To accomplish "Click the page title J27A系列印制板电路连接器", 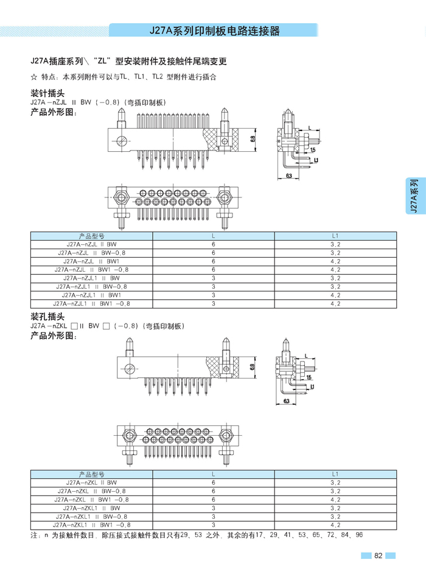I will click(214, 31).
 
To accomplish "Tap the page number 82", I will click(378, 555).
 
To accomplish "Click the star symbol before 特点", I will click(34, 77).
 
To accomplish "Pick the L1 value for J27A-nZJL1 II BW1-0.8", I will click(335, 303).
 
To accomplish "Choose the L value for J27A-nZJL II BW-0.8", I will click(214, 252).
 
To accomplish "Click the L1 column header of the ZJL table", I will click(335, 235).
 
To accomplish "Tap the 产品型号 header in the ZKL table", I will click(91, 474).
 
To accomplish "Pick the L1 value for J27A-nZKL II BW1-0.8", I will click(335, 499).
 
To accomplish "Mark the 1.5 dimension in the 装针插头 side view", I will click(312, 149).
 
